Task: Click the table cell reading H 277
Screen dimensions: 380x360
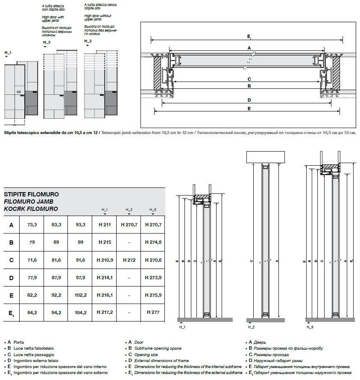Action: pos(152,312)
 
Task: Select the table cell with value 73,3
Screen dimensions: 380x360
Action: pos(32,225)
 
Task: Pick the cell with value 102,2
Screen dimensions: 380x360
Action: pos(80,295)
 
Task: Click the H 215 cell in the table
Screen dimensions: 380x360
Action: pos(105,242)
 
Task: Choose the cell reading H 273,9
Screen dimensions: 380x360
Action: pos(152,277)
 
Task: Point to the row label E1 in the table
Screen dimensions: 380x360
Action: pos(12,313)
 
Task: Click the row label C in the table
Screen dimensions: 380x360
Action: pos(11,260)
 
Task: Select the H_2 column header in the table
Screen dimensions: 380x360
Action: pos(129,210)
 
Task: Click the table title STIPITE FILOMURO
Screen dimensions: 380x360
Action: pos(31,194)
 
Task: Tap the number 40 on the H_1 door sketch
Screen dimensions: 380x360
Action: pos(18,92)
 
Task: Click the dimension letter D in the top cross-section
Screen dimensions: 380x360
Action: pos(249,100)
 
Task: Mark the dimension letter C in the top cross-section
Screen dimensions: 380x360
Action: pos(249,79)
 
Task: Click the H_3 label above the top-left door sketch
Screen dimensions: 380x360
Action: pos(47,43)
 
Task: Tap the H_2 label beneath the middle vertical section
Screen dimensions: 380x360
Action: pos(251,327)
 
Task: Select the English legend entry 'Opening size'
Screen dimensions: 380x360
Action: pos(146,354)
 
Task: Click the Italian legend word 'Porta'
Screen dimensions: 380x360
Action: pos(19,342)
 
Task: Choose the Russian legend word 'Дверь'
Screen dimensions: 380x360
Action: pos(260,342)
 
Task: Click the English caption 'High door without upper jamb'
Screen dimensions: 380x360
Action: pos(98,18)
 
